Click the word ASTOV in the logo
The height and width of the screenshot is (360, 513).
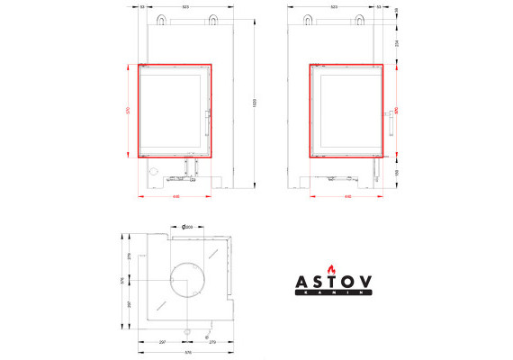tap(334, 281)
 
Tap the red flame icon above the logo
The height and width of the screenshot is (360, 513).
tap(334, 267)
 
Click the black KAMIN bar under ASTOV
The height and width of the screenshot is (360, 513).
tap(334, 292)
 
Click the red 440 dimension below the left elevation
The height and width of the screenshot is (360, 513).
tap(175, 195)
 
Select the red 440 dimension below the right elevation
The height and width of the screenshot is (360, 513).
tap(346, 195)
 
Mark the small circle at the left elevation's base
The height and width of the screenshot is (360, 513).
tap(153, 171)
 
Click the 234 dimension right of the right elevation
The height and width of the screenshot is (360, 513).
tap(397, 42)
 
